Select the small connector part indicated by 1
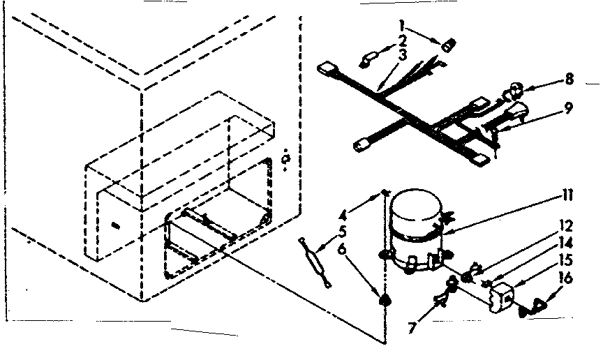447,46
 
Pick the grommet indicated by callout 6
382,301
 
